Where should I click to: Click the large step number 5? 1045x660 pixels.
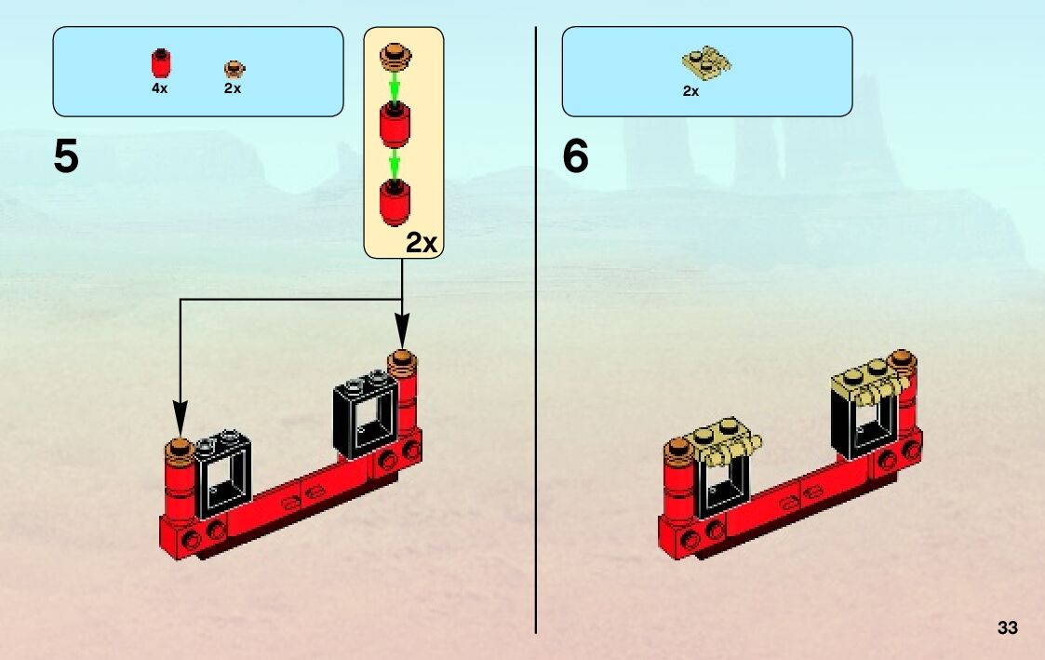pyautogui.click(x=66, y=156)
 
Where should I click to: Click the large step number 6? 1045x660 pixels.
pyautogui.click(x=575, y=156)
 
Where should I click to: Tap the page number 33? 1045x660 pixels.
pyautogui.click(x=1007, y=627)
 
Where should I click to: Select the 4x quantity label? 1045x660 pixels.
pyautogui.click(x=160, y=88)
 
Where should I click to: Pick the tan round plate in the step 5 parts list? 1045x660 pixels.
pyautogui.click(x=233, y=68)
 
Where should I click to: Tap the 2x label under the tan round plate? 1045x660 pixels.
pyautogui.click(x=233, y=88)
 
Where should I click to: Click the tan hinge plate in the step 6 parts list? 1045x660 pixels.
pyautogui.click(x=706, y=63)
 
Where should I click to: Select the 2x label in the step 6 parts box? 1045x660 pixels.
pyautogui.click(x=690, y=91)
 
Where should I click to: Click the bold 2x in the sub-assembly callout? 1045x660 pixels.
pyautogui.click(x=421, y=243)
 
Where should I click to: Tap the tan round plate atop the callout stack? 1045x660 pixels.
pyautogui.click(x=395, y=57)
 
